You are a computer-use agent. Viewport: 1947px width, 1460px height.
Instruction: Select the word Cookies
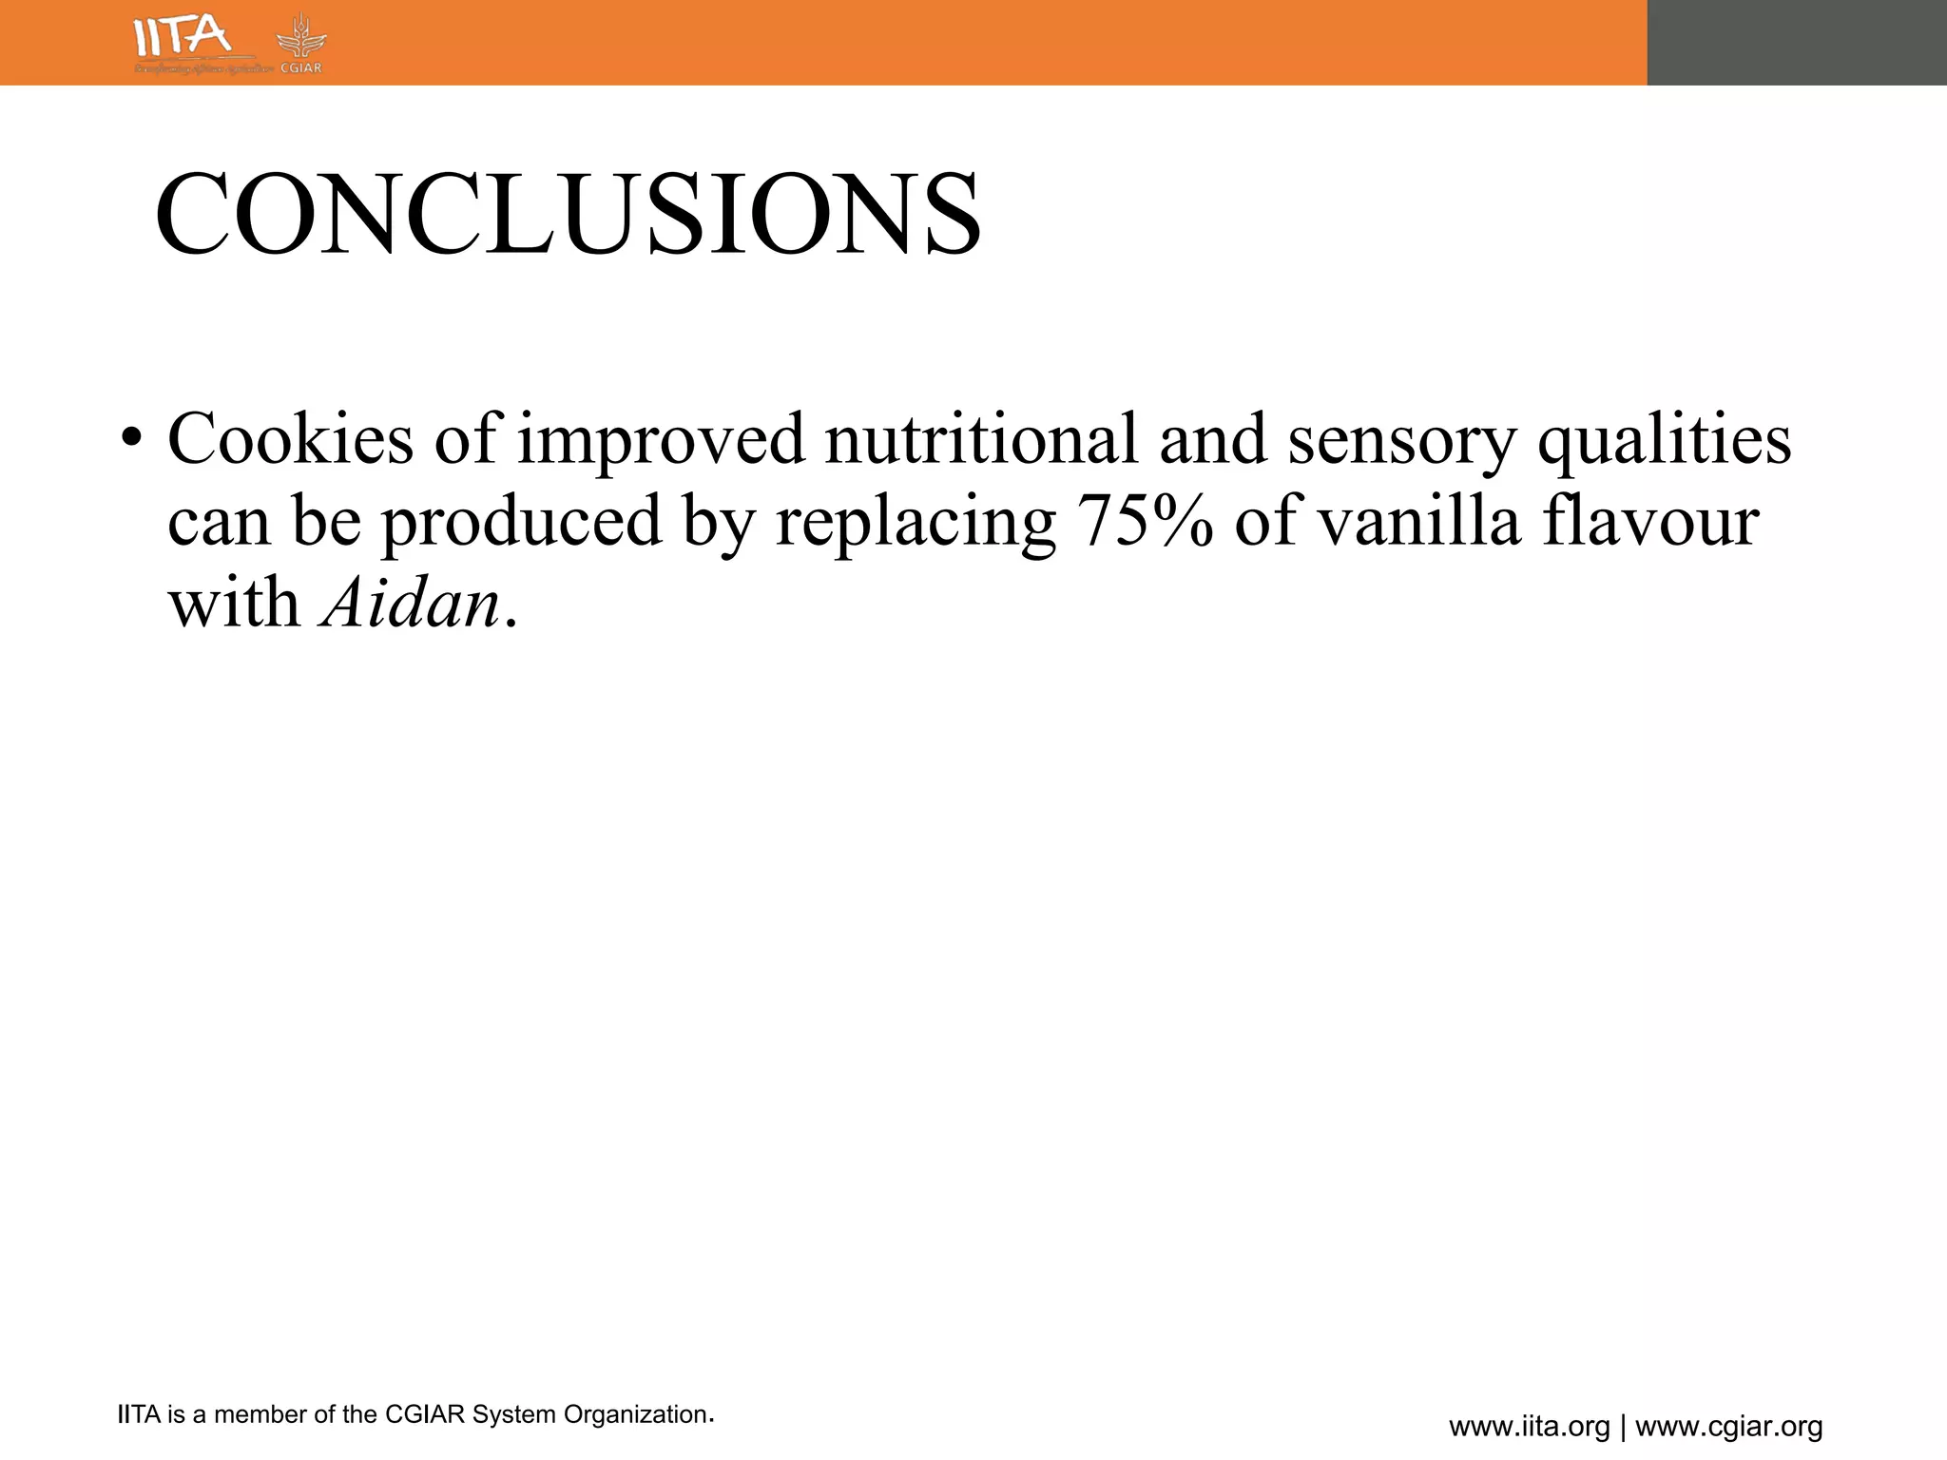(x=290, y=439)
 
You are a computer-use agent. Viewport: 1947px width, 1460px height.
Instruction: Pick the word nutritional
(x=980, y=439)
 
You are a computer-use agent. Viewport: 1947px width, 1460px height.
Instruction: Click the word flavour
(x=1650, y=522)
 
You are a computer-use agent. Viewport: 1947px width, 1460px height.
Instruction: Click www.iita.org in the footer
(x=1529, y=1427)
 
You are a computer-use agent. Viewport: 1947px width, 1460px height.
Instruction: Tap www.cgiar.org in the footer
(x=1728, y=1427)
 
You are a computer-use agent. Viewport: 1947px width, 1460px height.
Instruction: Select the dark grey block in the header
(x=1797, y=43)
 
